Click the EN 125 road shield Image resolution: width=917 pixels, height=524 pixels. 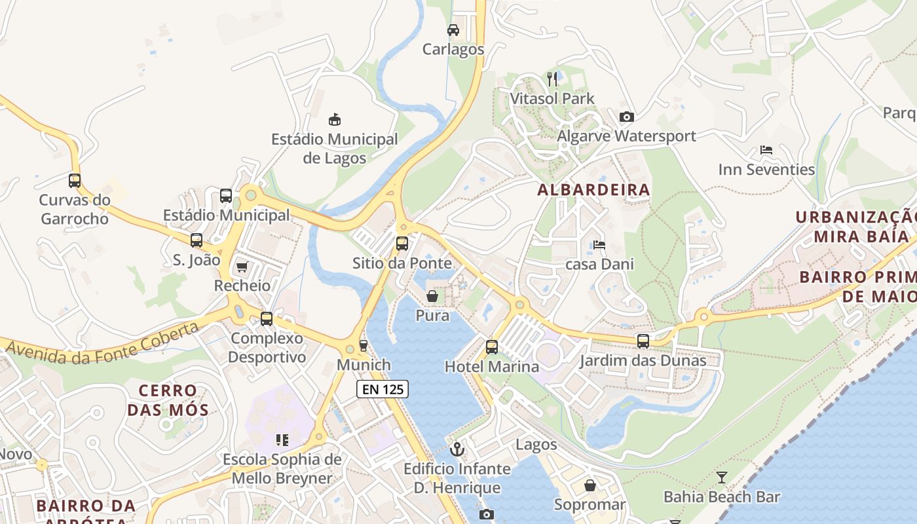(383, 389)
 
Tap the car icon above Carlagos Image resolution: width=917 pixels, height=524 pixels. (453, 30)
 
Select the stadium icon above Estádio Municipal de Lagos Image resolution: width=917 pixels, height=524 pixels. (335, 119)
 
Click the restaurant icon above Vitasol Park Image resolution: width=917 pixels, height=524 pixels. (552, 79)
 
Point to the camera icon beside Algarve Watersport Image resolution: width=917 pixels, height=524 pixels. (627, 117)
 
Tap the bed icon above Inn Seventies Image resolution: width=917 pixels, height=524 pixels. (766, 150)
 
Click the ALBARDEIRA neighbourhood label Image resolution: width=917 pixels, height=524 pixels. (593, 190)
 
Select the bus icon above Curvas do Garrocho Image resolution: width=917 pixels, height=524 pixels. (75, 180)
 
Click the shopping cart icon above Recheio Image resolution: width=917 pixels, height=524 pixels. (242, 267)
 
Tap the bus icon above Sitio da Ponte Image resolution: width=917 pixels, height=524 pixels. (402, 244)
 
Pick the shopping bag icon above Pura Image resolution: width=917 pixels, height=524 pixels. (432, 296)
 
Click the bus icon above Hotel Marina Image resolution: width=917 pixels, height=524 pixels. (492, 347)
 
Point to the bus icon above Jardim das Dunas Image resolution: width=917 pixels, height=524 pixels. (643, 341)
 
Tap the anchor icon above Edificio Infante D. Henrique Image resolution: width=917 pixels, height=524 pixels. (457, 449)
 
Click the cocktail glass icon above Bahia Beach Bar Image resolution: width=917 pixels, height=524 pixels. (722, 477)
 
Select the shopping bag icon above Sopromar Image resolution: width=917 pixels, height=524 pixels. (590, 485)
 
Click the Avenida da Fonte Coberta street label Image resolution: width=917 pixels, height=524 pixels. (102, 344)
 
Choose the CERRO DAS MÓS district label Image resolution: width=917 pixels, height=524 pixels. (168, 400)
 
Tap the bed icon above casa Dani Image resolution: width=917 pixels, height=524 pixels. (599, 245)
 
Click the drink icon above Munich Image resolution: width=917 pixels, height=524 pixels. (364, 345)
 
